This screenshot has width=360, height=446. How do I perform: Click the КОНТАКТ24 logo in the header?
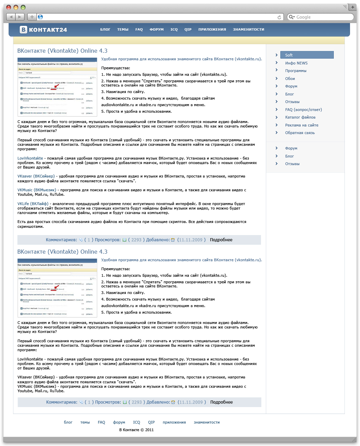43,30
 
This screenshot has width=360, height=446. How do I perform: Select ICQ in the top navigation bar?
174,30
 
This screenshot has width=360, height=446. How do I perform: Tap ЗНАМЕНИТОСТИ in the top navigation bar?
248,30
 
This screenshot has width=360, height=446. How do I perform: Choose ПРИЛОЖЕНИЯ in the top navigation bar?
212,30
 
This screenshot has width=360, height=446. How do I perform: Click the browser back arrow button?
11,17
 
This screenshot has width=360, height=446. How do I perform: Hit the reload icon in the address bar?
279,17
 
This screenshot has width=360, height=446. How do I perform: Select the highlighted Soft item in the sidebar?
307,55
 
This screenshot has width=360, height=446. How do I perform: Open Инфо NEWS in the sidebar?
296,63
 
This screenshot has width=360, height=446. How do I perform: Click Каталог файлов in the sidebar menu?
300,117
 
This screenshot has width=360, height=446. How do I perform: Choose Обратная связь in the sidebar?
300,133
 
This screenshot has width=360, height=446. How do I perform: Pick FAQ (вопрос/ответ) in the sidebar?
303,110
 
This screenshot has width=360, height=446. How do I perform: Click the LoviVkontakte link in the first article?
30,158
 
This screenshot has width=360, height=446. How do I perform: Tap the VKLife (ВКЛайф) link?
33,204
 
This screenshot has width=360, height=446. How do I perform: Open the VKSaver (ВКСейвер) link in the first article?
36,176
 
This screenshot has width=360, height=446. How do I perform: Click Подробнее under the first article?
221,240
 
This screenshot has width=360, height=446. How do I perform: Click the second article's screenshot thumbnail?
57,288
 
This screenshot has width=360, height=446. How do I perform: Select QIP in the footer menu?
151,422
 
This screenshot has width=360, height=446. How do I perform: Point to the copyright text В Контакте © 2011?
136,430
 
